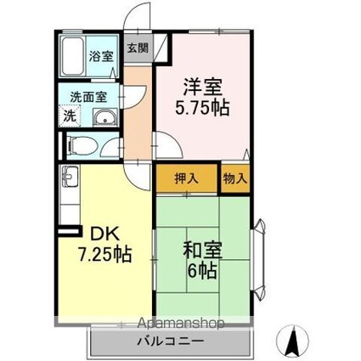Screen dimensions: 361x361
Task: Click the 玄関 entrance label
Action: [x=138, y=48]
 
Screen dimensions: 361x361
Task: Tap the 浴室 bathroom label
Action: [x=101, y=56]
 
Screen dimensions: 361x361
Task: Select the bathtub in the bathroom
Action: [x=73, y=56]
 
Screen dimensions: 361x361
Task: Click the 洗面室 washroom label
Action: [x=88, y=97]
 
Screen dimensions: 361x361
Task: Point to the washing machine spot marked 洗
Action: [x=70, y=116]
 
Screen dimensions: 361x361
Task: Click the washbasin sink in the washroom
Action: [x=105, y=117]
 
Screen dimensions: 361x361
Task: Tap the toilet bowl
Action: [x=82, y=146]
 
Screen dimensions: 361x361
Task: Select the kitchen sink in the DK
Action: [x=70, y=177]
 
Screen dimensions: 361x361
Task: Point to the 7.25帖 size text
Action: [x=104, y=254]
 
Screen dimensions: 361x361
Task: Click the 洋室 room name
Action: [x=203, y=87]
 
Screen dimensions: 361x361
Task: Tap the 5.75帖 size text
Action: [x=202, y=108]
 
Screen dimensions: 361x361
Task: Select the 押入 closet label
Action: [x=186, y=178]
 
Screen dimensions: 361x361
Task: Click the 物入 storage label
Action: [x=235, y=178]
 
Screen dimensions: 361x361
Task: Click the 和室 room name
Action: [x=203, y=250]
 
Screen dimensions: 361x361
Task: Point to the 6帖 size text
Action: [x=202, y=270]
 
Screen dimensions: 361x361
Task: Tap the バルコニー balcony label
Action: [x=171, y=341]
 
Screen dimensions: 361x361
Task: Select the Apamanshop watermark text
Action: [x=181, y=323]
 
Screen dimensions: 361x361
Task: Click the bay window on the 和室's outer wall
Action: [x=259, y=260]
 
